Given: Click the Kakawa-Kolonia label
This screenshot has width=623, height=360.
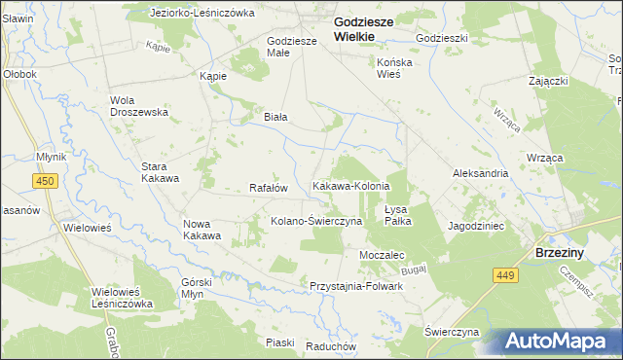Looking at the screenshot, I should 350,185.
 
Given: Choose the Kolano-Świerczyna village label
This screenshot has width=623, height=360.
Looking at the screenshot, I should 316,221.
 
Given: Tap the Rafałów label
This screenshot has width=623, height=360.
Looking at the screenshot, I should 269,188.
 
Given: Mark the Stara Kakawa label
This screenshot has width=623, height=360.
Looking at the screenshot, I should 161,172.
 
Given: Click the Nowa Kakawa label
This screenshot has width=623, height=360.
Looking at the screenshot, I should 202,230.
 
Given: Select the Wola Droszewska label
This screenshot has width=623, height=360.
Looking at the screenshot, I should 139,105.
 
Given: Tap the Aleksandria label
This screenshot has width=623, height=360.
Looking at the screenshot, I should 480,172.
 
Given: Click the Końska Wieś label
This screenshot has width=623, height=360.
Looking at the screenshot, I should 396,66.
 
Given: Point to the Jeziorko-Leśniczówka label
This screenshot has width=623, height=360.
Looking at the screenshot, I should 202,13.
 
